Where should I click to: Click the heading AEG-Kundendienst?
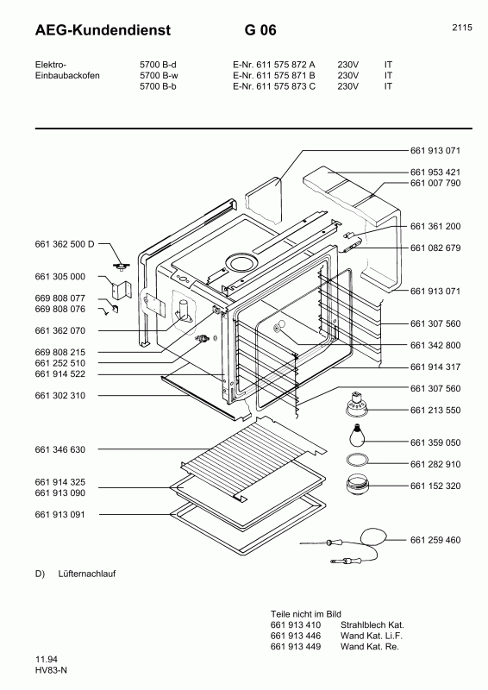[x=103, y=30]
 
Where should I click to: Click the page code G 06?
[x=260, y=30]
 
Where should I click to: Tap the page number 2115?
[x=462, y=28]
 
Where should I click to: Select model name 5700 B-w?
[x=159, y=75]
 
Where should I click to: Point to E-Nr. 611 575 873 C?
[x=274, y=86]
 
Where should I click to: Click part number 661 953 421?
[x=435, y=172]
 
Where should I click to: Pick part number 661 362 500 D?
[x=65, y=244]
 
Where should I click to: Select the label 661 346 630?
[x=59, y=449]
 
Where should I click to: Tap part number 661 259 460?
[x=435, y=540]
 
